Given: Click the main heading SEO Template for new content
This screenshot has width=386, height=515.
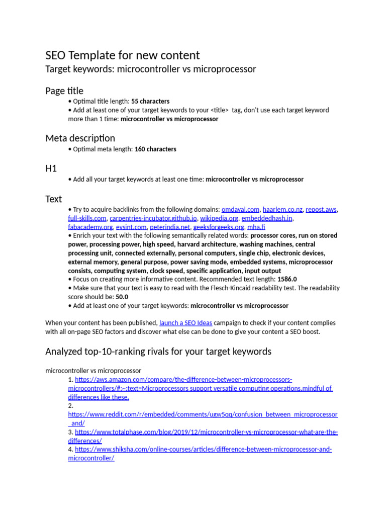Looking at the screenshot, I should tap(122, 55).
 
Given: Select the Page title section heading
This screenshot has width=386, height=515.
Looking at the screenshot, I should tap(64, 91).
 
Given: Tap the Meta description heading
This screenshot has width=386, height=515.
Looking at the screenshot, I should tap(80, 138).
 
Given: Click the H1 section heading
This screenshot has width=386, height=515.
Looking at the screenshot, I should tap(51, 168).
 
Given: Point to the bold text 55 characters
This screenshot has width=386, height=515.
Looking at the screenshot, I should tap(150, 101).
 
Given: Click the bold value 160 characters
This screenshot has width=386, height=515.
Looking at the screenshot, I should tap(155, 149).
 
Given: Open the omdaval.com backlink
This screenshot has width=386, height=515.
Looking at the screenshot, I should tap(240, 209).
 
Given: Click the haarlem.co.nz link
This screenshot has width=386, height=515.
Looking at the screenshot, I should tap(282, 209).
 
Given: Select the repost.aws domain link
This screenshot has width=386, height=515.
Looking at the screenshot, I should tap(322, 209).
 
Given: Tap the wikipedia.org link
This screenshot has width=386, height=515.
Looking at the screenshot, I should tap(219, 218).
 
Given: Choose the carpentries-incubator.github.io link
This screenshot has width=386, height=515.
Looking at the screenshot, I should tap(153, 218).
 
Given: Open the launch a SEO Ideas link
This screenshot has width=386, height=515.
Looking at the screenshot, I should tap(185, 323).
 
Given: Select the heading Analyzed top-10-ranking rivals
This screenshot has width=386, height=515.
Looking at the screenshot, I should tap(158, 352).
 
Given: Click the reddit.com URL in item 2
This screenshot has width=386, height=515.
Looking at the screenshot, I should tap(203, 414).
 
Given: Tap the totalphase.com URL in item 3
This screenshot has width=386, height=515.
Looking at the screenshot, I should tap(206, 432).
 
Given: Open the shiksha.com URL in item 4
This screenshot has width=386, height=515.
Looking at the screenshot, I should tap(203, 450).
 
